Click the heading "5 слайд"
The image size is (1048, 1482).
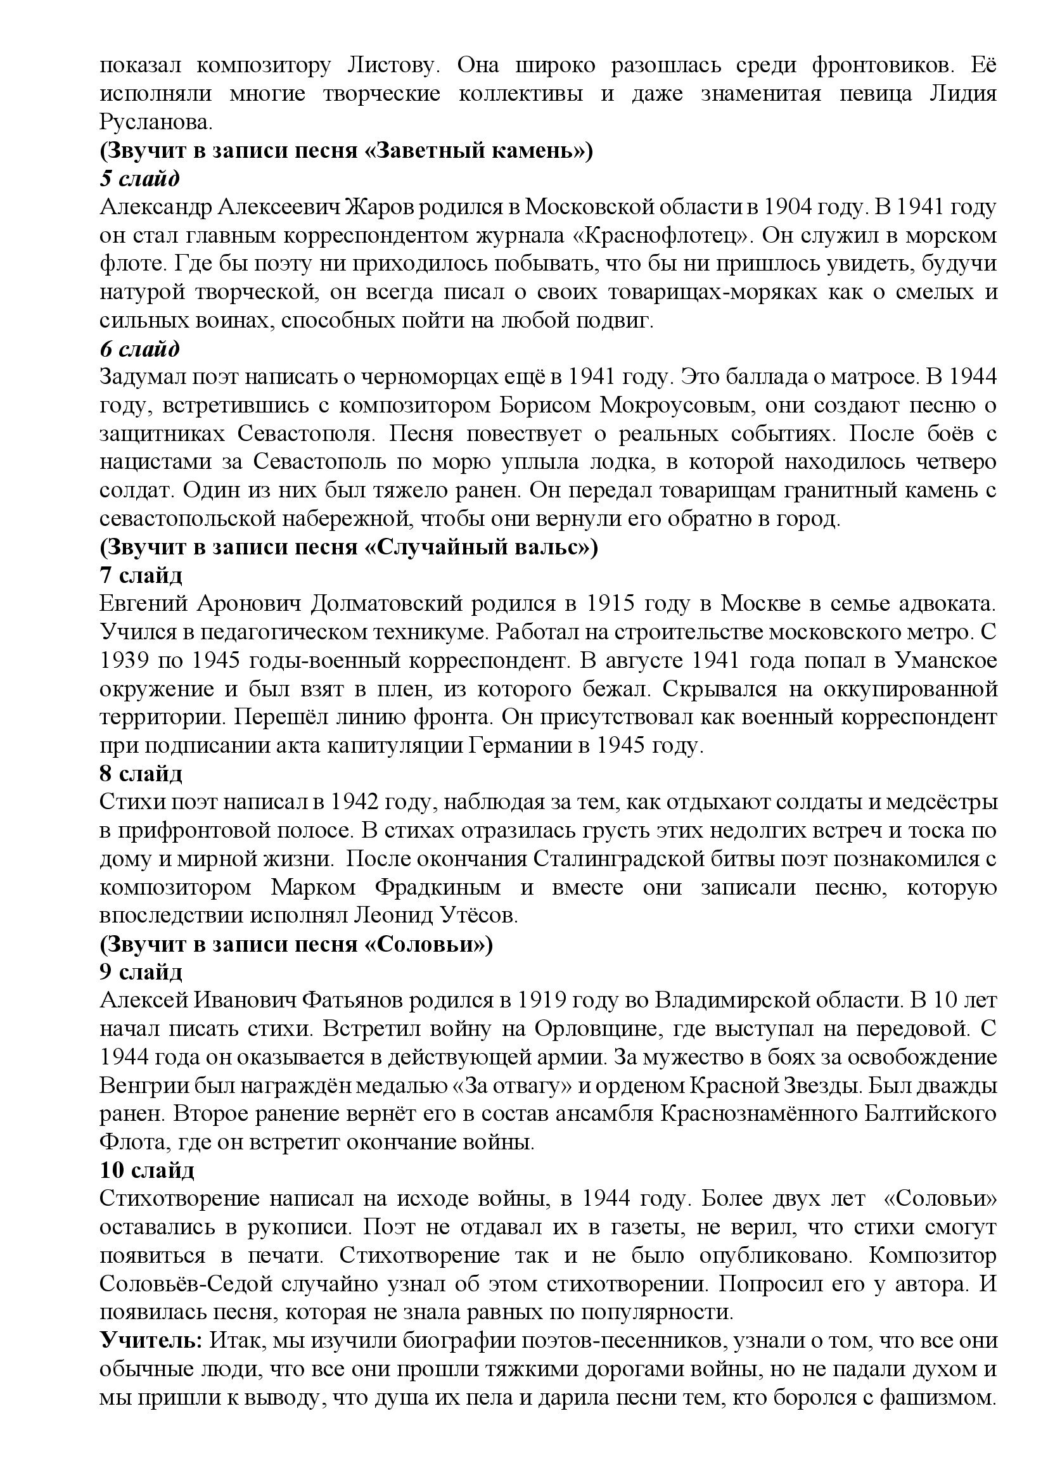(x=139, y=179)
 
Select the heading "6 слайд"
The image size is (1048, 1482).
(x=139, y=349)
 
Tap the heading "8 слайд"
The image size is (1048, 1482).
(x=141, y=773)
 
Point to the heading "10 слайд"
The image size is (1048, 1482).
(x=146, y=1170)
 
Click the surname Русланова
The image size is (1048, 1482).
(x=162, y=122)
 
